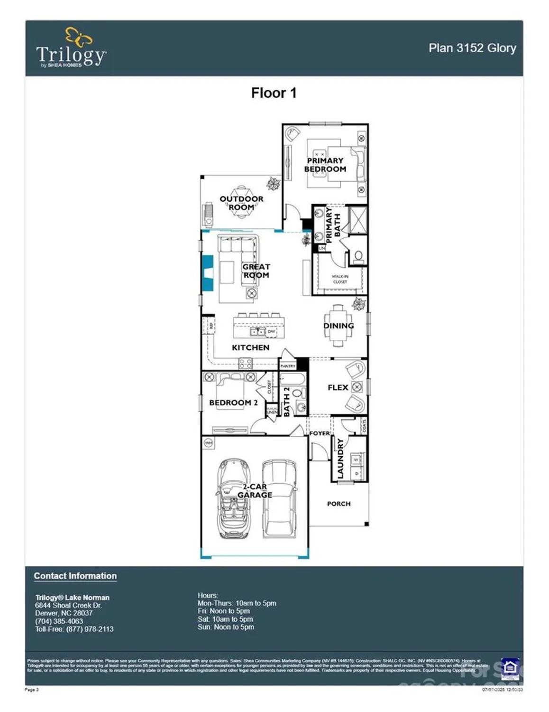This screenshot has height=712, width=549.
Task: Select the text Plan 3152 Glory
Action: point(472,48)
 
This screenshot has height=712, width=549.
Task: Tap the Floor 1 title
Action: point(274,93)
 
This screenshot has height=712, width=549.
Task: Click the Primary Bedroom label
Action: point(325,165)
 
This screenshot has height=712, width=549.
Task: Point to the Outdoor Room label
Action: point(241,203)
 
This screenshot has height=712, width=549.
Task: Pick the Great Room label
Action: point(256,271)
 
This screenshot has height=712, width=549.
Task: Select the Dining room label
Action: point(339,326)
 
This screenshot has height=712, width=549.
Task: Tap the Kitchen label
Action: point(250,347)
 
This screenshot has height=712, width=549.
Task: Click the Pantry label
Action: point(288,366)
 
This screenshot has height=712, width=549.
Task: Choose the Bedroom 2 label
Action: point(233,403)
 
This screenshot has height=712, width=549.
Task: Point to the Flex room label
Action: point(338,387)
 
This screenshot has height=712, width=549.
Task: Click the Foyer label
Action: point(319,433)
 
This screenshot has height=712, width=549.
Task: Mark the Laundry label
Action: point(340,458)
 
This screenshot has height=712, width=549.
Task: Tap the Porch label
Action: point(339,504)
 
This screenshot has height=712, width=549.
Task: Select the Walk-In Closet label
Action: point(340,279)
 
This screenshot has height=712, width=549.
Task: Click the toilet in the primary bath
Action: point(358,257)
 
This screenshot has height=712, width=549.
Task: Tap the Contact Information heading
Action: point(75,576)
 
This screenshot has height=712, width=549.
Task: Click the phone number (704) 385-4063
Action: point(59,621)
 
